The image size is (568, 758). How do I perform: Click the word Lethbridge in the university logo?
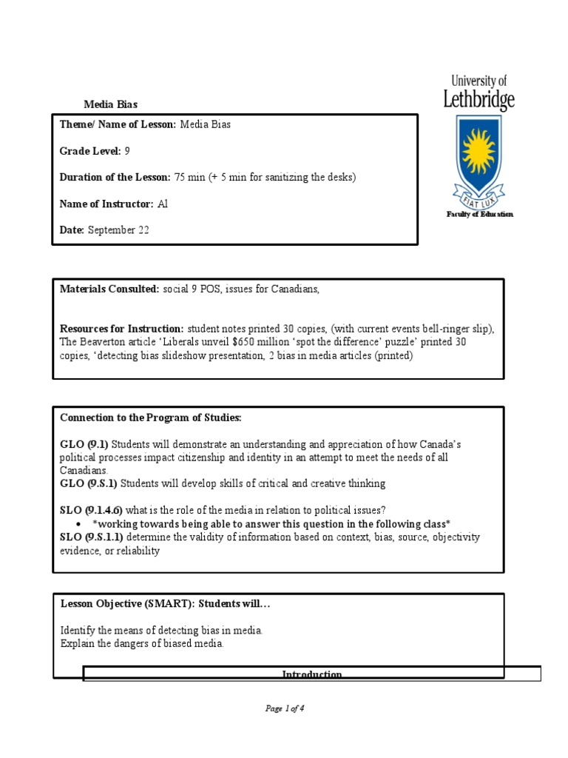tap(479, 100)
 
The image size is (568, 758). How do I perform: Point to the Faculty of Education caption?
tap(479, 215)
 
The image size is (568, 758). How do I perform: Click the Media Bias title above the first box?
tap(110, 105)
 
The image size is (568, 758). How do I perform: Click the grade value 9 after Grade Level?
tap(127, 151)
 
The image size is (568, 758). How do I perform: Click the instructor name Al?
tap(163, 204)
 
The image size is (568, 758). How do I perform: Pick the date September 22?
tap(118, 230)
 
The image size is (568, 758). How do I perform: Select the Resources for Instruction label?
tap(121, 329)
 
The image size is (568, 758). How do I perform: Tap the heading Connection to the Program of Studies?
tap(151, 418)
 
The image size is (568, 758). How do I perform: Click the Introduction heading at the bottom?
tap(312, 674)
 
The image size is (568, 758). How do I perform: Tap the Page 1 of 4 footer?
tap(285, 708)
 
